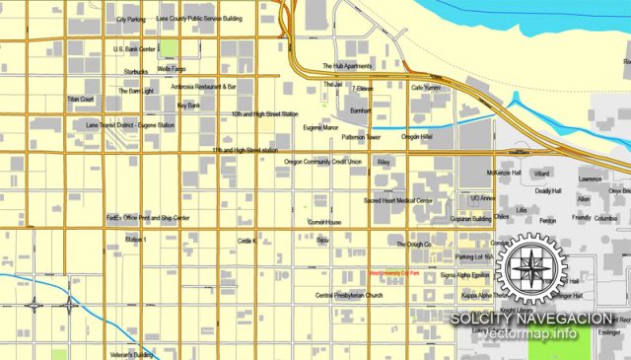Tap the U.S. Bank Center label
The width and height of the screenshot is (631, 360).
coord(135,48)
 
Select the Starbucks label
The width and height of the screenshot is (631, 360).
coord(136,71)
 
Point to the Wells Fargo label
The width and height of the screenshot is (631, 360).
coord(172,69)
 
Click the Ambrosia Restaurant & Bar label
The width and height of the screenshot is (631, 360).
coord(204,87)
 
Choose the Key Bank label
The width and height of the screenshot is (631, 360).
coord(188,105)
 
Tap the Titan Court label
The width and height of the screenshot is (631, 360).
coord(81,100)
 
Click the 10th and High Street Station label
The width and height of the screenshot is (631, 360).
coord(264,114)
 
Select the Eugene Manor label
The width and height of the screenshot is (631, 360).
coord(320,127)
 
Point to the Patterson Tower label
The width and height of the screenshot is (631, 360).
coord(362,137)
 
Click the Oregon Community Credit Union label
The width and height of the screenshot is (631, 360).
coord(323,161)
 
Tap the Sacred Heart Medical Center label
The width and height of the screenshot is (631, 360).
coord(398,200)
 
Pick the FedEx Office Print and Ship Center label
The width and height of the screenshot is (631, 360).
coord(148,217)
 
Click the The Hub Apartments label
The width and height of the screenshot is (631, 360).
coord(347,66)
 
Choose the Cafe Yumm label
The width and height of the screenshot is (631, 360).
coord(426,88)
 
